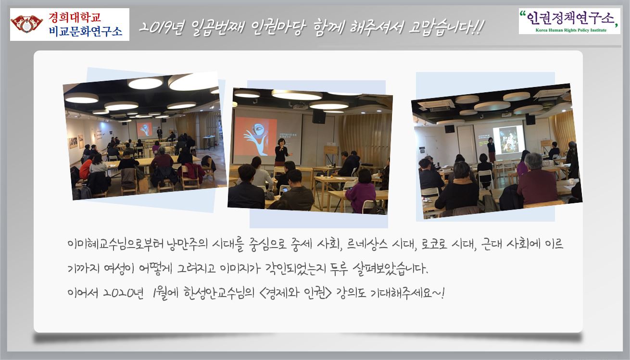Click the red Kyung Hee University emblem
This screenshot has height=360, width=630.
(27, 24)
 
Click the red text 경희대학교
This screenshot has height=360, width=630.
(75, 17)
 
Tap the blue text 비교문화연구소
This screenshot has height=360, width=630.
(86, 31)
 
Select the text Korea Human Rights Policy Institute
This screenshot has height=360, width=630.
(571, 30)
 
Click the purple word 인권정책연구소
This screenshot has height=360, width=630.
(570, 19)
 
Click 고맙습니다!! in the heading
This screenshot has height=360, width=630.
(446, 28)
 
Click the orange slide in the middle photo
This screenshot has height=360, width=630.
(256, 137)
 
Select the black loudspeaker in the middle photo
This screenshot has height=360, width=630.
(319, 117)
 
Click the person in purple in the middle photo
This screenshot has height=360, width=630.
(361, 191)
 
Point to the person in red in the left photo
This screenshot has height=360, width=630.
(85, 168)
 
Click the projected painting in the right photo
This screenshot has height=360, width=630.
(509, 140)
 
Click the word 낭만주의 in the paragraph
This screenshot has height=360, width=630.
(187, 244)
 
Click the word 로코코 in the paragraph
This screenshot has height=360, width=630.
(433, 244)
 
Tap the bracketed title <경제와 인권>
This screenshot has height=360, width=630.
(295, 293)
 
